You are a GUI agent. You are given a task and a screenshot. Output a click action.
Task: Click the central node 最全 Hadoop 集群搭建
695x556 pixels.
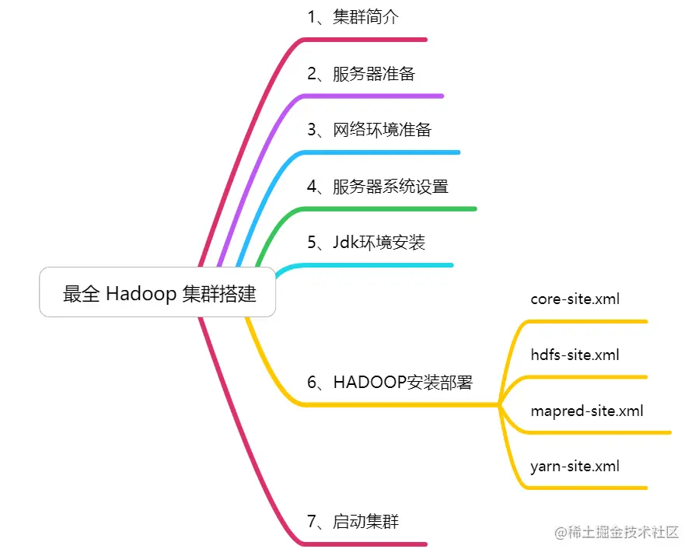pyautogui.click(x=158, y=293)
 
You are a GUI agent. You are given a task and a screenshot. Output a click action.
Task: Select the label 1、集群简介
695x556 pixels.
pyautogui.click(x=353, y=17)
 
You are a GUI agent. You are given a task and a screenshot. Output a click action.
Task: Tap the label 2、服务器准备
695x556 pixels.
pyautogui.click(x=361, y=74)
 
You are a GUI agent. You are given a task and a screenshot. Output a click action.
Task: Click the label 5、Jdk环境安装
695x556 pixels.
pyautogui.click(x=366, y=243)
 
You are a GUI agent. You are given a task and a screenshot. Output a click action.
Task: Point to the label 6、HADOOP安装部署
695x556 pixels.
pyautogui.click(x=389, y=383)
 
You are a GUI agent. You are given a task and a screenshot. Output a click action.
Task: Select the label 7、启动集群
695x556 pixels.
pyautogui.click(x=353, y=522)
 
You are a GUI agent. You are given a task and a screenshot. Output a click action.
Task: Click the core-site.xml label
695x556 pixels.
pyautogui.click(x=575, y=299)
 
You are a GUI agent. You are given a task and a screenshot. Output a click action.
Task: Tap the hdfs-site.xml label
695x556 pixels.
pyautogui.click(x=575, y=355)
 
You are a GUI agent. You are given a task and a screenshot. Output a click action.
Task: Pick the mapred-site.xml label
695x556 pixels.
pyautogui.click(x=587, y=411)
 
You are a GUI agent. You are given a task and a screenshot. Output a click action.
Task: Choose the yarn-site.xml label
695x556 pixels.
pyautogui.click(x=575, y=467)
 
